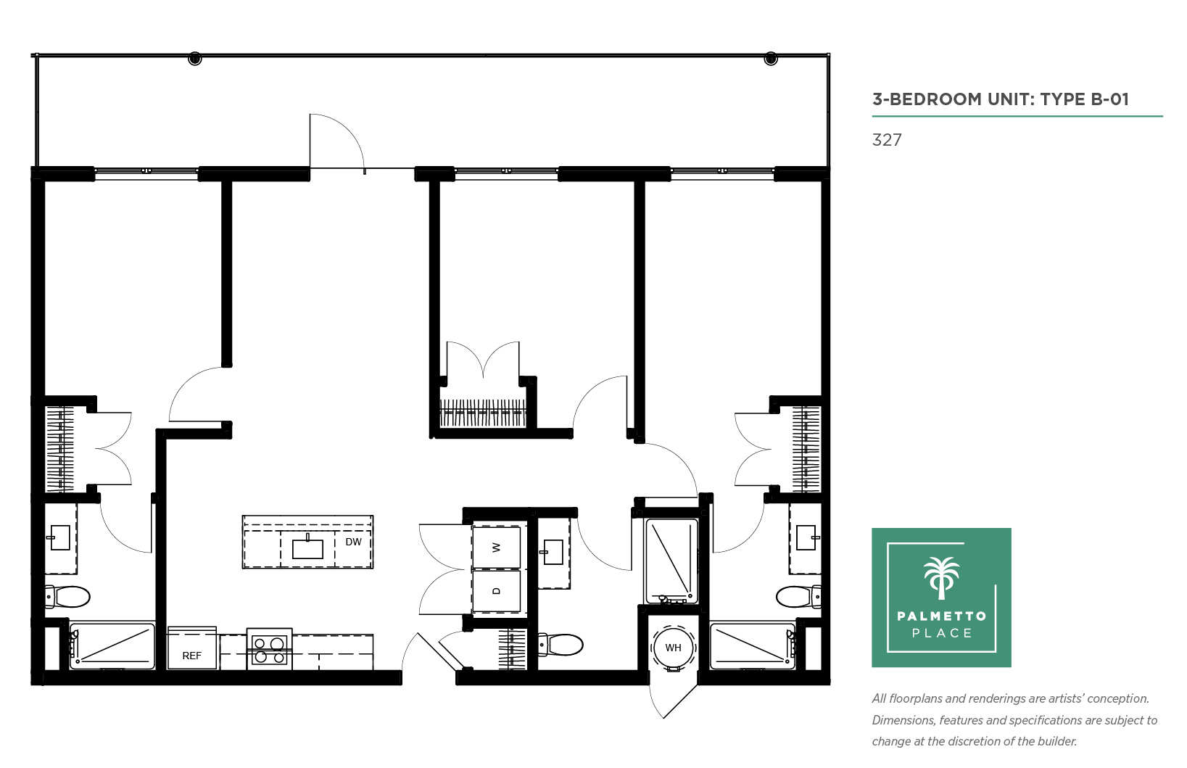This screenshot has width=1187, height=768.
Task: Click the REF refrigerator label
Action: [x=192, y=656]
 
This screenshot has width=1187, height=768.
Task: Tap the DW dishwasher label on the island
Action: [x=353, y=542]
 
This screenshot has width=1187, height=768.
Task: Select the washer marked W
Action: [x=497, y=547]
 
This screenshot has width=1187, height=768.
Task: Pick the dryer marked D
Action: [x=497, y=591]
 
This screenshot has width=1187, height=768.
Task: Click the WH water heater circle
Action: [x=673, y=647]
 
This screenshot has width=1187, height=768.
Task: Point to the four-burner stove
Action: [x=269, y=651]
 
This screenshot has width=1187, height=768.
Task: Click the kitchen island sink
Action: [x=307, y=548]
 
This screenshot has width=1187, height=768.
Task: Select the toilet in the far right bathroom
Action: [x=798, y=597]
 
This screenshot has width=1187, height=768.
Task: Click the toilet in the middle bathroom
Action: [x=560, y=645]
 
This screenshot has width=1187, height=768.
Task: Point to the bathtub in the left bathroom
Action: [x=112, y=646]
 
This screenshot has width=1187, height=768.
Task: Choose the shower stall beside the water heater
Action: [x=671, y=561]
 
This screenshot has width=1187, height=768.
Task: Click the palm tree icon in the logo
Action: [x=941, y=578]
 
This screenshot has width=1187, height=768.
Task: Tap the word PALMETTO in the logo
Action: [x=942, y=616]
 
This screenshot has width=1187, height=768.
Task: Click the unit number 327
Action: [x=887, y=140]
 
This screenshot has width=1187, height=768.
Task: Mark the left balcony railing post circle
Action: [x=195, y=58]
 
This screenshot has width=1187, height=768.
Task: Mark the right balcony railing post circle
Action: [x=771, y=58]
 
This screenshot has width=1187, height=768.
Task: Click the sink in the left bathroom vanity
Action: [x=60, y=537]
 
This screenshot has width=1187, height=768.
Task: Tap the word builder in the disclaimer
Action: [x=1056, y=741]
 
